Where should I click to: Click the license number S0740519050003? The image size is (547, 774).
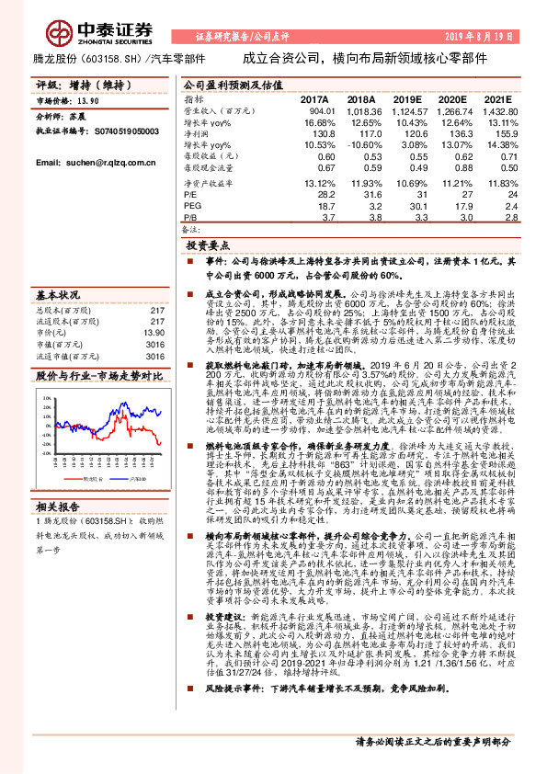(x=133, y=131)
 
